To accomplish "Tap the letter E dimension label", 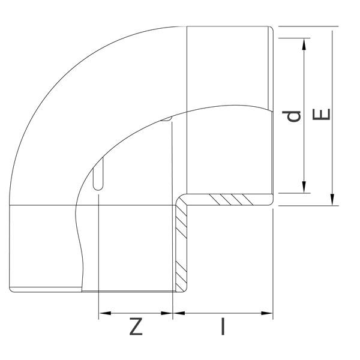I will [x=322, y=115].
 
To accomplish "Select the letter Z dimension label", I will [x=136, y=328].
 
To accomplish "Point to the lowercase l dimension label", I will [x=223, y=328].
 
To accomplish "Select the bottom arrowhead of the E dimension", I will [x=332, y=201].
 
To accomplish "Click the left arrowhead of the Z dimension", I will [x=103, y=313].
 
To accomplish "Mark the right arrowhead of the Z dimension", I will [x=169, y=313].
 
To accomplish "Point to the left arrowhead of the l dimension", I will [x=178, y=313].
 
